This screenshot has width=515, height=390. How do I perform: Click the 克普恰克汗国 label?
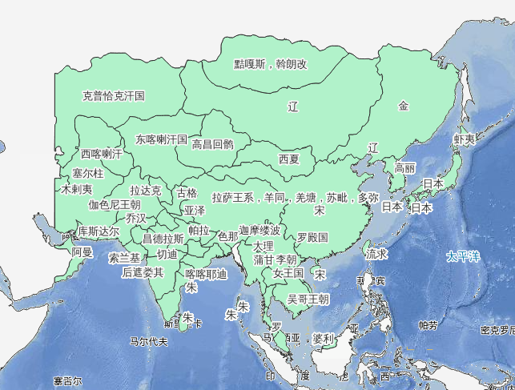(114, 95)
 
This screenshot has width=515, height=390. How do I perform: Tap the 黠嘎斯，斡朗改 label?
(271, 64)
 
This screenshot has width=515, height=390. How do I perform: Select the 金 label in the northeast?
(404, 105)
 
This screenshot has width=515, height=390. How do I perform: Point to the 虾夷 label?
(465, 139)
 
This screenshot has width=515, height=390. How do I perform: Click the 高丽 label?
(405, 168)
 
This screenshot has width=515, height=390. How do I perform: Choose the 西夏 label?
(289, 159)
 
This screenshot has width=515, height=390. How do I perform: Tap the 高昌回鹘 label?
(213, 145)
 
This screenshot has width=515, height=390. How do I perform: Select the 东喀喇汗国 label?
(161, 139)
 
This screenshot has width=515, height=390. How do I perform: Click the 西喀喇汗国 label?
(102, 153)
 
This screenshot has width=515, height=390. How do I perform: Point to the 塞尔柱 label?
(88, 173)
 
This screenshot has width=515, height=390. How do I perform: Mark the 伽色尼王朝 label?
(115, 204)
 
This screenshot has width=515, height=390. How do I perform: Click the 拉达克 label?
(146, 191)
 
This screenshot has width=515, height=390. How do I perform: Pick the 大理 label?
(263, 245)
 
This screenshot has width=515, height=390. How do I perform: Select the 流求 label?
(377, 253)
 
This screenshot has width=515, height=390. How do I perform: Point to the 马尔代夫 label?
(149, 342)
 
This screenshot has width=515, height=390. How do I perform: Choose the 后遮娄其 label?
(143, 272)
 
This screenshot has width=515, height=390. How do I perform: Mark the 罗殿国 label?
(312, 238)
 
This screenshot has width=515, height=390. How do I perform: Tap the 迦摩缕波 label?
(260, 230)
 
